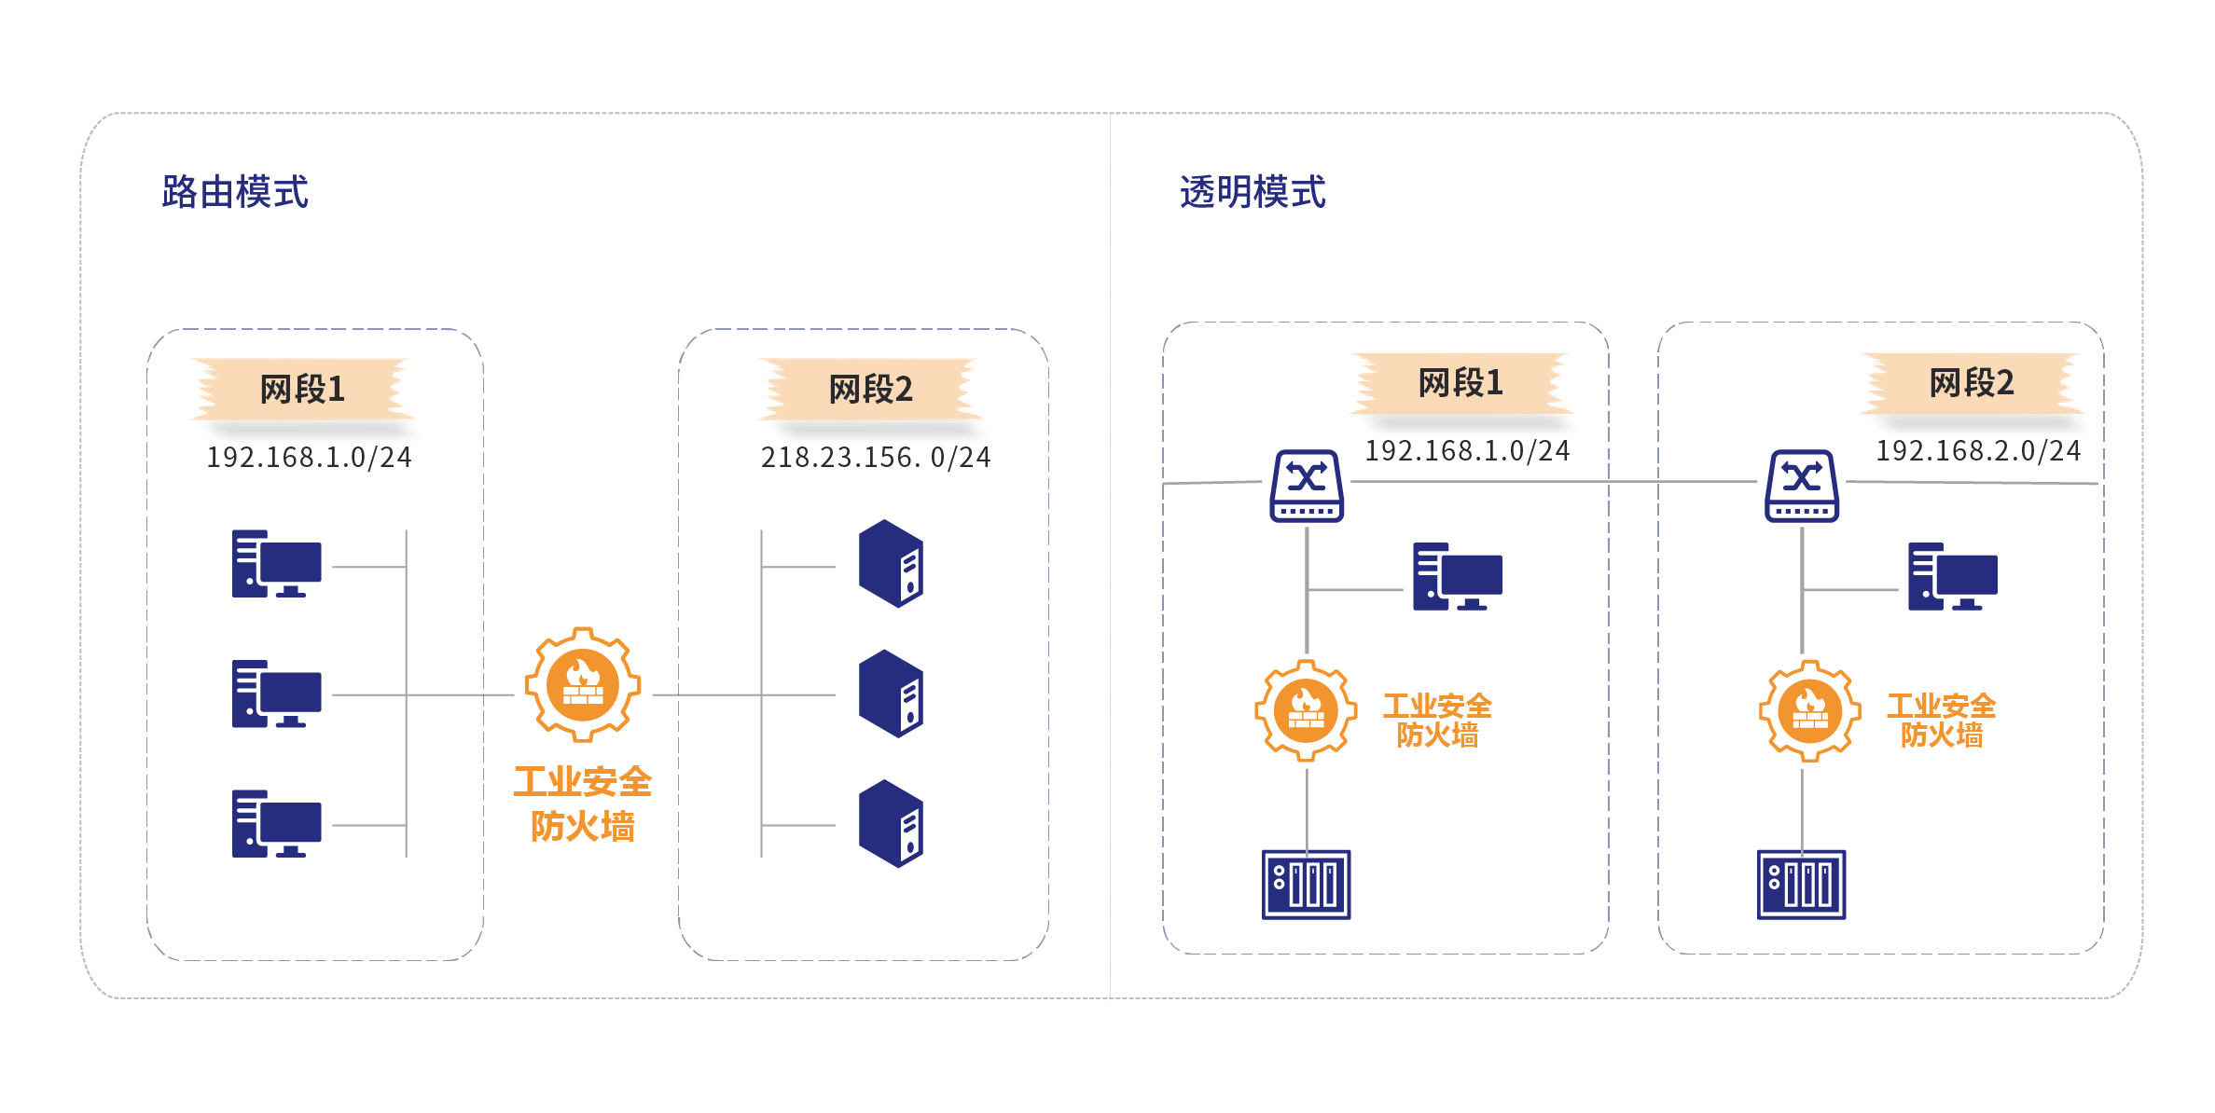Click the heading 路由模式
234,192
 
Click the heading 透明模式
1252,192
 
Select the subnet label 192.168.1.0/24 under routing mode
309,457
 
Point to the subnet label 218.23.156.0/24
875,457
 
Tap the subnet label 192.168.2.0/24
1977,451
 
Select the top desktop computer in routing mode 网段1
277,564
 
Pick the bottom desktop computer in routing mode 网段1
277,823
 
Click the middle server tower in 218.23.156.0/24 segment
891,694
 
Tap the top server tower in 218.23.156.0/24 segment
891,564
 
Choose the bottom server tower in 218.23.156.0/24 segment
891,823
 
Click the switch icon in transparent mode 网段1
1307,486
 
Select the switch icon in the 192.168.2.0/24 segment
1802,486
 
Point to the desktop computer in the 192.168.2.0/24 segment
1952,577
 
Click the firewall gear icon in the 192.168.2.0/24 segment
1809,710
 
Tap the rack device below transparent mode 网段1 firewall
1306,884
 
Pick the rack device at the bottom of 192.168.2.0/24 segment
1801,884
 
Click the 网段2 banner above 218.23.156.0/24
871,389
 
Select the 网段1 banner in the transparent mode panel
1461,382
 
